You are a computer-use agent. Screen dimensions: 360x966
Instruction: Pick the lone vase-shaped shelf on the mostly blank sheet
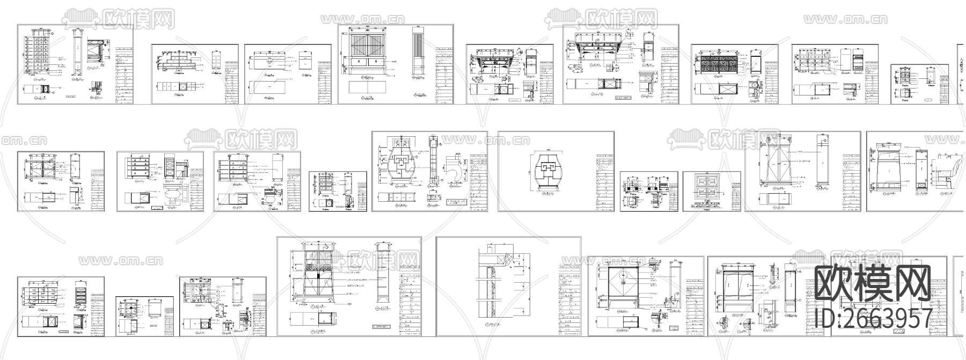pos(545,170)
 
